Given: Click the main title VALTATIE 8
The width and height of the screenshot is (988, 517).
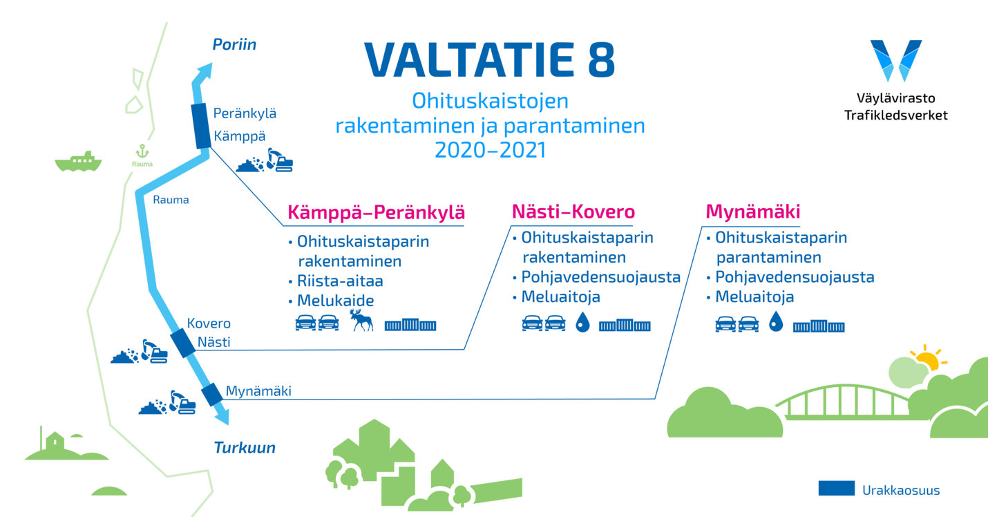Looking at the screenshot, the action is (x=489, y=60).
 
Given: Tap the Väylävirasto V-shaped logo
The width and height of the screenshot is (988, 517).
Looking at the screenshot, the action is (x=895, y=60).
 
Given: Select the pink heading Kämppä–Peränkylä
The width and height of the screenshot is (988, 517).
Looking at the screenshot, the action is (x=377, y=212).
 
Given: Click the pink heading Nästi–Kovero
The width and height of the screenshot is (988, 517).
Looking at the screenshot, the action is (x=573, y=211).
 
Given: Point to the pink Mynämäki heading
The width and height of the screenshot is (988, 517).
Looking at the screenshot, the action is (x=753, y=212).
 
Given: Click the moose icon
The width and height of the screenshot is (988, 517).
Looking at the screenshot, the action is (x=361, y=320).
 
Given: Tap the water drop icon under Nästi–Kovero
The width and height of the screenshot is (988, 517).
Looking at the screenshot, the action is (x=582, y=322).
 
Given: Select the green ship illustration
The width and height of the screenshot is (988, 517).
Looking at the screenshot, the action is (x=78, y=162).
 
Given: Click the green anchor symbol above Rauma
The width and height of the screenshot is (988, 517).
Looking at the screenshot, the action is (x=142, y=151).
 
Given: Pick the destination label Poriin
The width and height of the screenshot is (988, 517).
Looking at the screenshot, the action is (x=234, y=44).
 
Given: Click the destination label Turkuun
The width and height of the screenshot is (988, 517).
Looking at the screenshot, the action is (x=245, y=448).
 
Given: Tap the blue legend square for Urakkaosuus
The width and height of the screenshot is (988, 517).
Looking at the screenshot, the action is (x=836, y=489).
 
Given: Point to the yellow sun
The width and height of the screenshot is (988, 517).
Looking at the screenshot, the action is (x=928, y=358).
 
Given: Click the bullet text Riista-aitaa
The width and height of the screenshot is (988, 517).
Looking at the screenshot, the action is (x=340, y=281).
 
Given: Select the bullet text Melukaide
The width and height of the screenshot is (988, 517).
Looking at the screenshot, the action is (x=335, y=301).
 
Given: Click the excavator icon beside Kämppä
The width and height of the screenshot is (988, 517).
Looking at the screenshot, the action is (x=280, y=160).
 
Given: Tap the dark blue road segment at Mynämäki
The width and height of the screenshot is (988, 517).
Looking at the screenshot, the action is (x=212, y=395).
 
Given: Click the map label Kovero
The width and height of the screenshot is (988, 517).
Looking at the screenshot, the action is (x=209, y=323).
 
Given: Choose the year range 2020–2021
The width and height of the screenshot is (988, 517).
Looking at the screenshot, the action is (x=490, y=150).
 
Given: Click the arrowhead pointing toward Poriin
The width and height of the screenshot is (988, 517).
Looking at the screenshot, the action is (x=205, y=70).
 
